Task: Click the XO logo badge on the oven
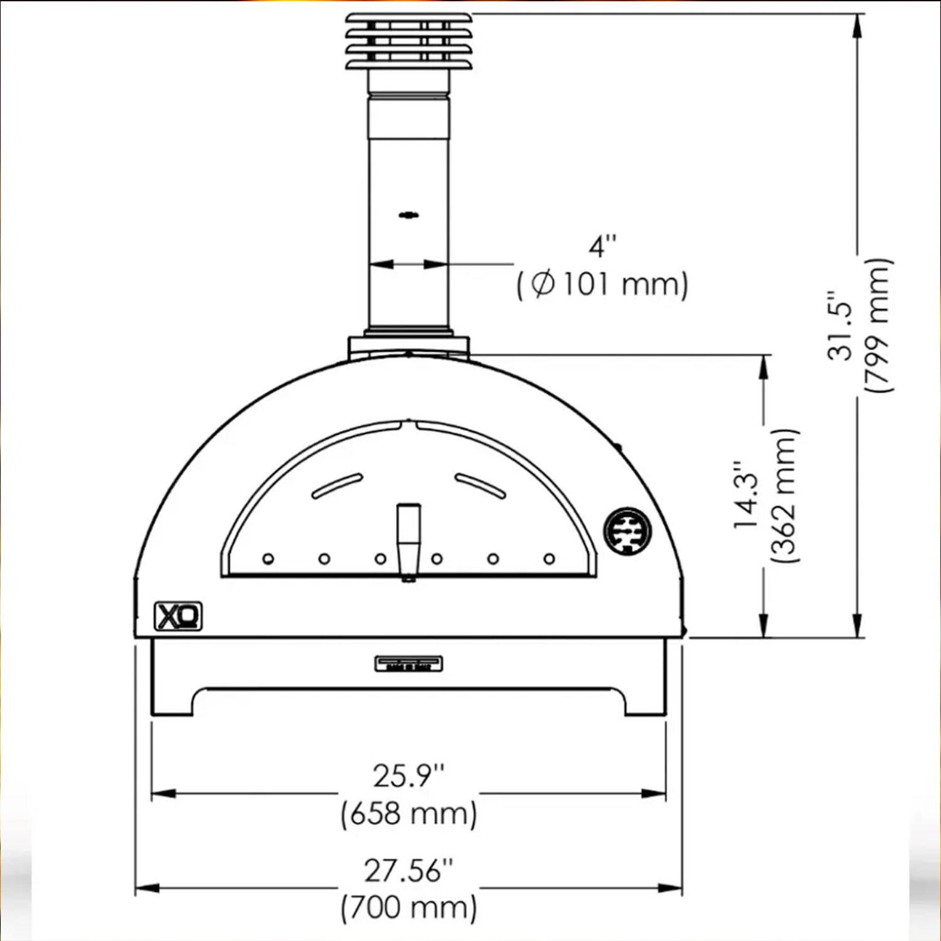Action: (x=178, y=616)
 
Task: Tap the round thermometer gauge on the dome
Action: (x=627, y=531)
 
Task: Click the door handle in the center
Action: (x=408, y=541)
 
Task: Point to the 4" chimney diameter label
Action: (x=602, y=246)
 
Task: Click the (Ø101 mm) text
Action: (x=602, y=284)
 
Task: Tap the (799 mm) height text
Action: (x=877, y=325)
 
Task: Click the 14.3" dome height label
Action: (x=748, y=496)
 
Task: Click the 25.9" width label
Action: (x=408, y=776)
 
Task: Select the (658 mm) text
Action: (x=408, y=814)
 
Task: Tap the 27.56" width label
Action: (x=408, y=871)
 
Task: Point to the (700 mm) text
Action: (x=408, y=908)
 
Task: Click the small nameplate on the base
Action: (x=408, y=664)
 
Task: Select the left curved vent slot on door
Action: (x=337, y=486)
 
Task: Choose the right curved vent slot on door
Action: (x=481, y=486)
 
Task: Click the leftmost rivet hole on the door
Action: (x=268, y=558)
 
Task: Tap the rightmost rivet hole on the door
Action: (x=549, y=558)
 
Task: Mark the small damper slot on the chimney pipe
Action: (x=409, y=215)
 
